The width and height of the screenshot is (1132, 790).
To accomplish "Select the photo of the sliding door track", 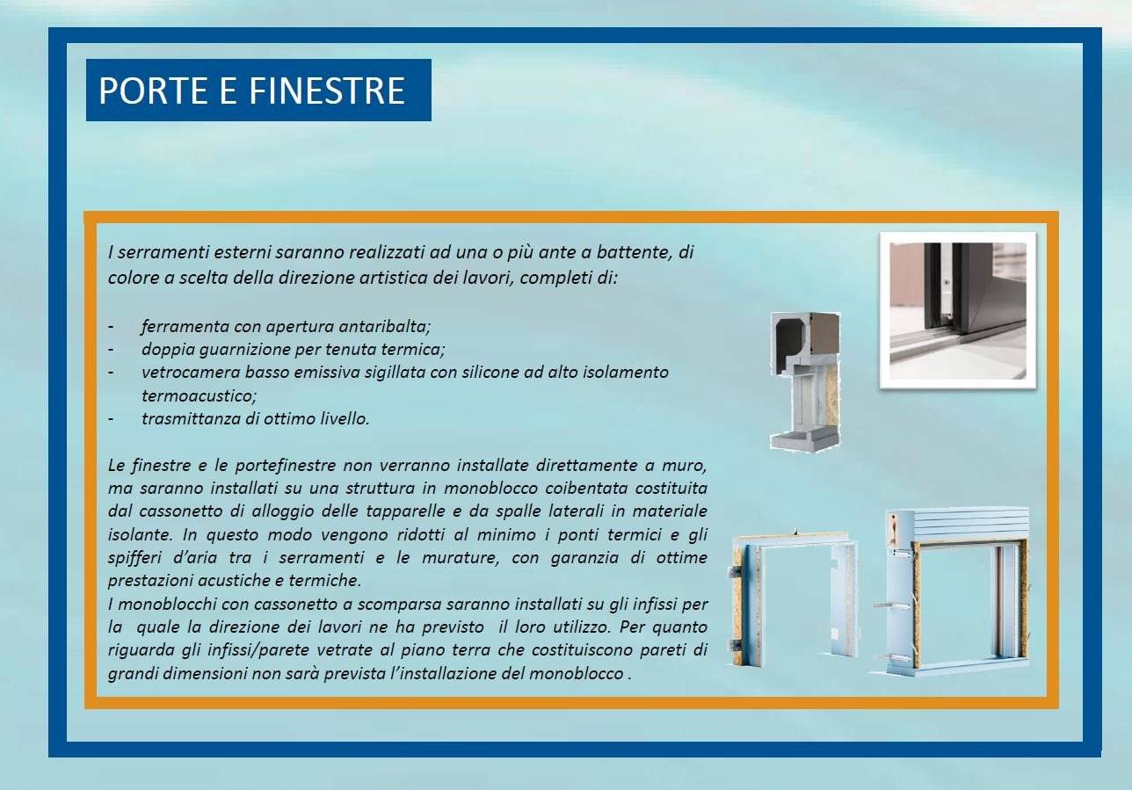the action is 958,310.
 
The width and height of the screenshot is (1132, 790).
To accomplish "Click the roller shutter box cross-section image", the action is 806,381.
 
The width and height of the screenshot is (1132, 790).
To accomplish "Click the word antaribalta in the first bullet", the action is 385,327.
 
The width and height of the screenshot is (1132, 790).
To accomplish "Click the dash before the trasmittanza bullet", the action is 111,419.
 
